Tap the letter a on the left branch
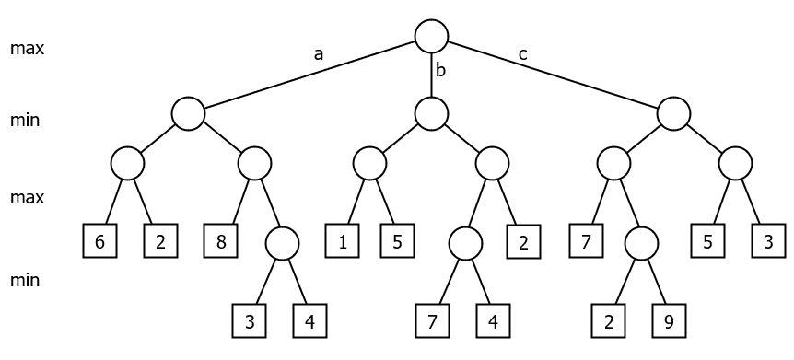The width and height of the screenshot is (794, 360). (x=319, y=54)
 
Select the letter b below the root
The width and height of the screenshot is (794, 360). (x=440, y=70)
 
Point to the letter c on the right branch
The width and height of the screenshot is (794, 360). (x=522, y=54)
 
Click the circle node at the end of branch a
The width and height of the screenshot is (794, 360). (x=187, y=113)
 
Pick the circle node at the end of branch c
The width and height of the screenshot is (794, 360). (x=673, y=113)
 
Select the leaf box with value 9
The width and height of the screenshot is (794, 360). (x=668, y=321)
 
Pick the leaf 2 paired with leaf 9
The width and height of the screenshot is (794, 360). (x=609, y=321)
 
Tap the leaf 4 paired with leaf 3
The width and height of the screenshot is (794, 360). (x=309, y=321)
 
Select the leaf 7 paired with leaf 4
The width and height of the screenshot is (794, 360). (x=432, y=321)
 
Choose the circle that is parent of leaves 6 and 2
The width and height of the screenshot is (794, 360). (x=127, y=164)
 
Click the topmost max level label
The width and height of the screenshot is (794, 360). (x=28, y=48)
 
